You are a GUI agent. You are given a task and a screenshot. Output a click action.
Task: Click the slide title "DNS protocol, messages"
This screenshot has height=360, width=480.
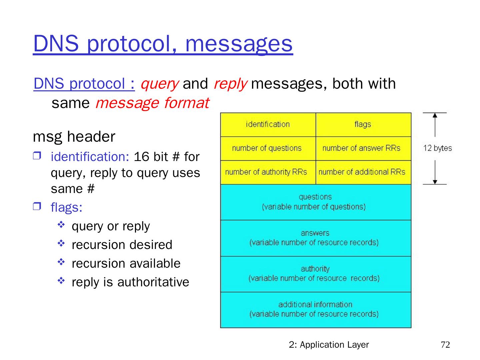tap(163, 44)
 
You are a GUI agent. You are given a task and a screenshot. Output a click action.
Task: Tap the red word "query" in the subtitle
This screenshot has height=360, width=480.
tap(159, 84)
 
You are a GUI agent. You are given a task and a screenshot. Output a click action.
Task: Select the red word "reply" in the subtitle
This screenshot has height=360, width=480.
tap(230, 84)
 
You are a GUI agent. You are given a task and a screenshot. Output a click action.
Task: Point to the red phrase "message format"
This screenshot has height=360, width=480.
tap(152, 103)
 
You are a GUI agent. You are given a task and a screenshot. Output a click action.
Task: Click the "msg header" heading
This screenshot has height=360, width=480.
tap(74, 137)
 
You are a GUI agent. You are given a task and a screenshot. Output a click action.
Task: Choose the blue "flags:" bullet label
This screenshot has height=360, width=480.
tap(66, 207)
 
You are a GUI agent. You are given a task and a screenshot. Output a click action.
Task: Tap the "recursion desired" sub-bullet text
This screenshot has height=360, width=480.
tap(122, 245)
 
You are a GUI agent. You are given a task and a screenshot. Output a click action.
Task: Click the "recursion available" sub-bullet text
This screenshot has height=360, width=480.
tap(126, 263)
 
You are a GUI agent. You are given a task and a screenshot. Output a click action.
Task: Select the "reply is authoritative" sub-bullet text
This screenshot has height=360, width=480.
tap(130, 282)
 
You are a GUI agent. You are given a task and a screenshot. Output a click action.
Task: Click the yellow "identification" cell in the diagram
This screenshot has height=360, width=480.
tap(268, 125)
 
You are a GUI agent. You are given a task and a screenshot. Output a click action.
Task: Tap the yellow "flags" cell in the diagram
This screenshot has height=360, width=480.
tap(363, 125)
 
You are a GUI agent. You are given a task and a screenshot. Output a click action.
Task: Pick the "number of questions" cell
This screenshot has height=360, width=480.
tap(267, 148)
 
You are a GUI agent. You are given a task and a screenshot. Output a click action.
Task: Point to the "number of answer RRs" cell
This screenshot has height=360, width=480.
tap(361, 148)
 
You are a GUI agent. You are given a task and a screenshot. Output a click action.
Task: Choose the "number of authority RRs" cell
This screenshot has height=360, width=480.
tap(266, 172)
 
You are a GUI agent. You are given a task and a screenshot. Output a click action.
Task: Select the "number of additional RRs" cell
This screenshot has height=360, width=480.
tap(362, 172)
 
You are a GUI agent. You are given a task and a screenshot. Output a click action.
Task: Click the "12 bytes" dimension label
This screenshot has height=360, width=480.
tap(437, 148)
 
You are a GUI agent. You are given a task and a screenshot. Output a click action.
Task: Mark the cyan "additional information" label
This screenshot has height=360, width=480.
tap(315, 304)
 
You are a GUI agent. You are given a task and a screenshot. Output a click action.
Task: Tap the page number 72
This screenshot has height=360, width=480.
tap(445, 345)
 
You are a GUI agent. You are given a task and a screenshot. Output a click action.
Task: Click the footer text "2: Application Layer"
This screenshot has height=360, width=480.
tap(329, 345)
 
